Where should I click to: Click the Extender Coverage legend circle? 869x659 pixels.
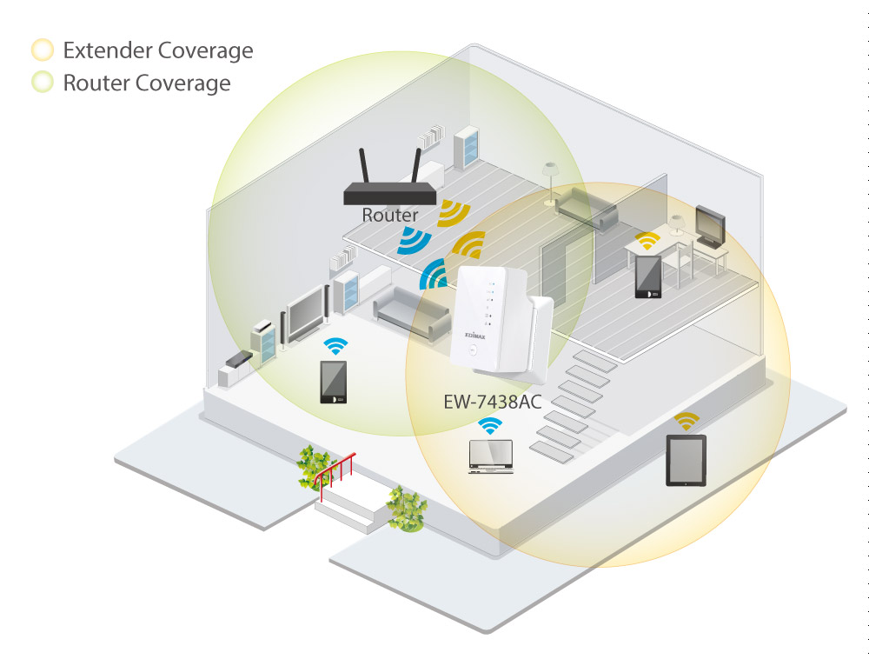coord(43,50)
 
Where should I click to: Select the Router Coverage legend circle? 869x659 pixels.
coord(43,82)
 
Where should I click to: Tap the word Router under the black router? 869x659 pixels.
coord(389,215)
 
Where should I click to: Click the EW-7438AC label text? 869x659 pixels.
coord(492,402)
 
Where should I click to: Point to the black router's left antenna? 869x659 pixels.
coord(363,166)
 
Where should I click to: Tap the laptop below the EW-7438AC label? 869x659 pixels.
coord(491,456)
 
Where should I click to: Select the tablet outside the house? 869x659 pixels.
coord(686,461)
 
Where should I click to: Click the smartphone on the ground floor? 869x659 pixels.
coord(333,382)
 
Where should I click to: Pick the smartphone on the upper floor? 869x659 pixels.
coord(648,277)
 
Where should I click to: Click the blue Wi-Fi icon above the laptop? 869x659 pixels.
coord(490,426)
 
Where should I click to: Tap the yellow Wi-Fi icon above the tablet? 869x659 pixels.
coord(687,422)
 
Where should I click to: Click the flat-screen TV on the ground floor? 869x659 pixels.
coord(305,313)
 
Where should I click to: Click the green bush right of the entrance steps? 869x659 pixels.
coord(406,509)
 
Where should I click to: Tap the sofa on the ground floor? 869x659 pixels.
coord(411,314)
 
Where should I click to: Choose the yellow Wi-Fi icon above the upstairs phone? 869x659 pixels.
coord(647,241)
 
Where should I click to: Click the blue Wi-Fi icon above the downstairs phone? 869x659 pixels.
coord(335,346)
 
